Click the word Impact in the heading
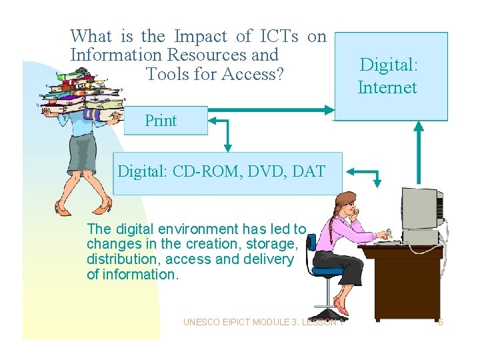199,36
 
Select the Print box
161,121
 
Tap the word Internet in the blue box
387,87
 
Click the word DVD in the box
265,171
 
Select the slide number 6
441,323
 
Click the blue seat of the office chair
327,271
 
